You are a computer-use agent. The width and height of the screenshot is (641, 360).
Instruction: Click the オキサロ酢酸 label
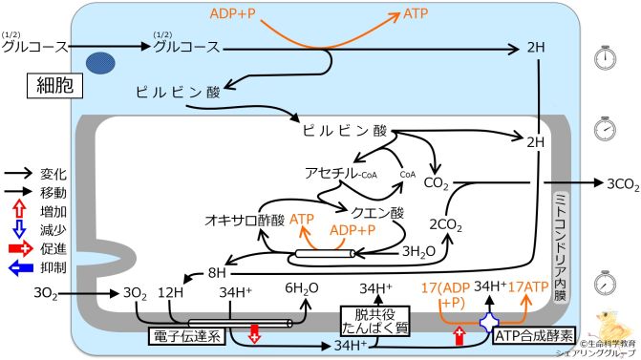[x=244, y=219]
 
